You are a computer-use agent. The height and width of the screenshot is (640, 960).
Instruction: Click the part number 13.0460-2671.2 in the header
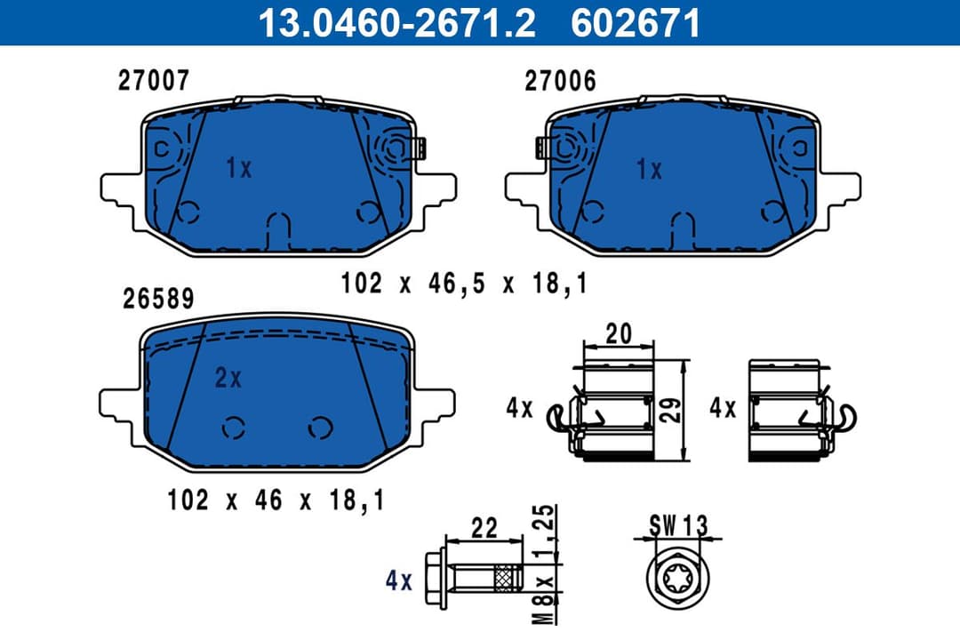396,22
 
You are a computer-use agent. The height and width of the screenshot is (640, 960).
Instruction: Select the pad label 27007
154,81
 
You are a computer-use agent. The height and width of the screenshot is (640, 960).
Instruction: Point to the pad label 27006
560,81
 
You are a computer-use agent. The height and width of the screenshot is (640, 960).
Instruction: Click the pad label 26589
157,299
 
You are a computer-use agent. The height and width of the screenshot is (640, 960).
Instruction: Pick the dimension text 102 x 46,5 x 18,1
465,284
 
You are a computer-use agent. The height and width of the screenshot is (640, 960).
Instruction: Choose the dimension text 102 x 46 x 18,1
276,500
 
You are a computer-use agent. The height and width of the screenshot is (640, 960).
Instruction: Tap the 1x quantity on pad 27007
238,168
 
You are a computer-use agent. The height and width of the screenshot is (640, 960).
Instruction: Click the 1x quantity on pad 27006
649,169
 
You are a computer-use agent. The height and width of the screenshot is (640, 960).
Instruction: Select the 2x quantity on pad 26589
228,379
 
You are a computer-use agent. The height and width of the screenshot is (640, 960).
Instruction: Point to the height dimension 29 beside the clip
674,408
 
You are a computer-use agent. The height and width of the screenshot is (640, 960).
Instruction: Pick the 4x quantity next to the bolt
399,581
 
